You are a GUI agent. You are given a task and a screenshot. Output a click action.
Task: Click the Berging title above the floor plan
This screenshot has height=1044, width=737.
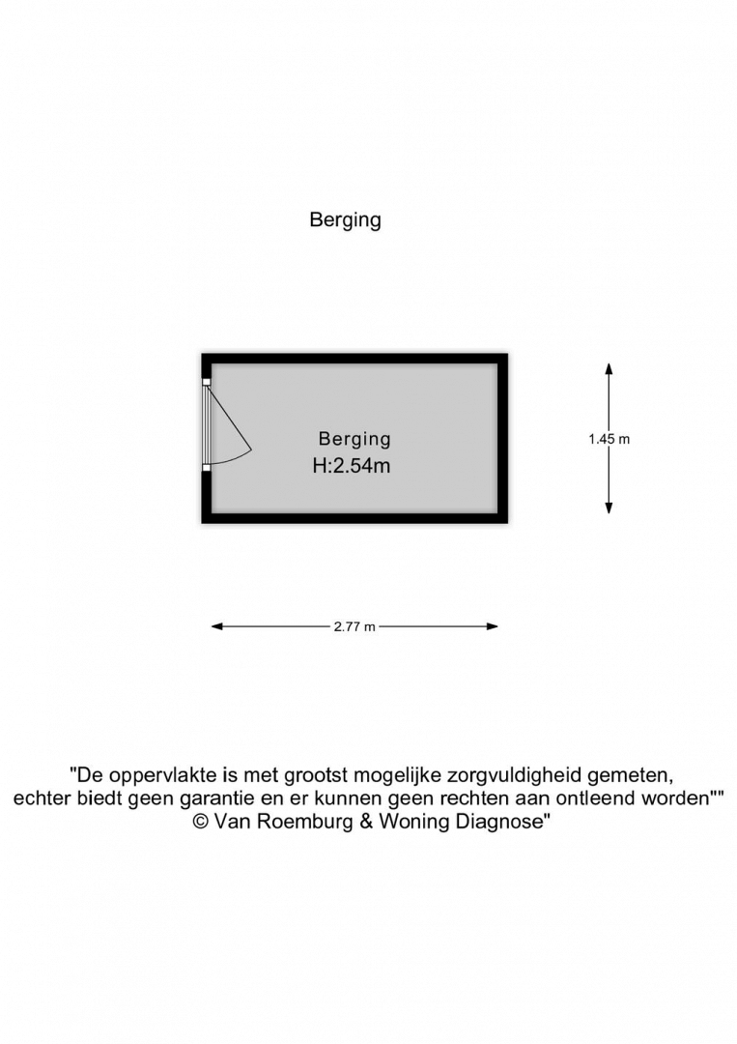point(345,220)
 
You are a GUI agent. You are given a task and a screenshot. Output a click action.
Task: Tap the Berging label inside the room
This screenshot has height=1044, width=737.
point(354,439)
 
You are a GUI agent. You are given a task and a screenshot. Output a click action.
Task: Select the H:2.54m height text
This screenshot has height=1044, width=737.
point(352,465)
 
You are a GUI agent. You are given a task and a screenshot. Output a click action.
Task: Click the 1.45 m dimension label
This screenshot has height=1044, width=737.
point(609,439)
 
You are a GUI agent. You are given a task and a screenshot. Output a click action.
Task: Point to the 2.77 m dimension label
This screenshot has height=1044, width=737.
point(354,626)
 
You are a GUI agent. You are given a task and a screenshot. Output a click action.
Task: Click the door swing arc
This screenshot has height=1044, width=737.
point(233,457)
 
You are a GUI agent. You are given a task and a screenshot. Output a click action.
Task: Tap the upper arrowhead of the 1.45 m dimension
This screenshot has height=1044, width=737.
point(609,369)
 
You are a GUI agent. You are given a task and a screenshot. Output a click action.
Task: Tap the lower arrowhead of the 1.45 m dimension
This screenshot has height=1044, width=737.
point(609,508)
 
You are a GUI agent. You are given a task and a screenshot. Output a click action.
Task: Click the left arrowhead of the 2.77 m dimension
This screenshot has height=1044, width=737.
point(217,626)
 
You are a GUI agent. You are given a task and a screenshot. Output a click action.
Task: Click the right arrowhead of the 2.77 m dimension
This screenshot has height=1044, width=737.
point(493,626)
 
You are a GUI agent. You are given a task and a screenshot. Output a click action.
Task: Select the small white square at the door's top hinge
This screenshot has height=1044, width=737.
point(206,382)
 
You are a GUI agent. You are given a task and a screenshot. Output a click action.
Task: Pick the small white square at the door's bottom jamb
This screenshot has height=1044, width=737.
point(206,468)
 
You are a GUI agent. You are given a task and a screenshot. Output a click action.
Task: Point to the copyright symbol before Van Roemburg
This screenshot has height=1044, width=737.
point(201,822)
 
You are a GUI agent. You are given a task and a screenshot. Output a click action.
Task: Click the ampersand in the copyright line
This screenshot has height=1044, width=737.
point(366,822)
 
